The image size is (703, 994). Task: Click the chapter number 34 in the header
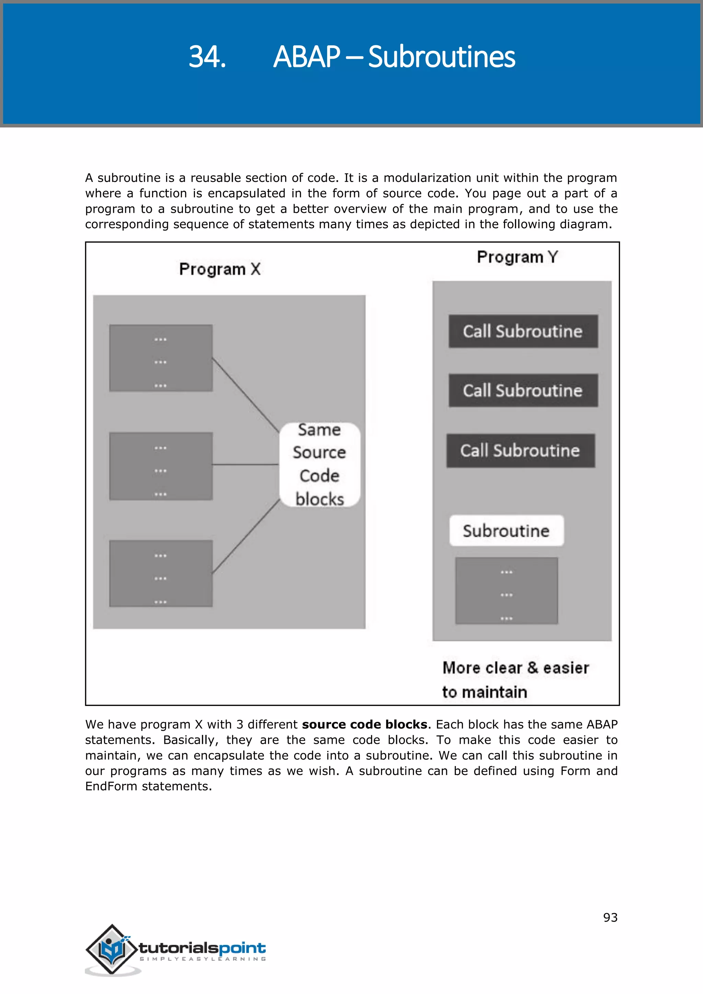pos(207,57)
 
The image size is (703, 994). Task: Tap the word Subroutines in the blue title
pos(441,57)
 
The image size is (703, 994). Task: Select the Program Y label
pos(517,257)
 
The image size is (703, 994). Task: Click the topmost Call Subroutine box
pos(523,331)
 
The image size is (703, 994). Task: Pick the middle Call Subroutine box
pos(523,391)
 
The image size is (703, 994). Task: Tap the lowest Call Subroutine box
pos(520,451)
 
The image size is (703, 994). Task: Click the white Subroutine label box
pos(506,530)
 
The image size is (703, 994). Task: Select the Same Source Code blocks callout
pos(320,464)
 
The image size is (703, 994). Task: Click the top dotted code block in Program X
pos(161,358)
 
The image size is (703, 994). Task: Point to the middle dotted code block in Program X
pos(161,466)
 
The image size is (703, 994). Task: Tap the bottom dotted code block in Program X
pos(161,573)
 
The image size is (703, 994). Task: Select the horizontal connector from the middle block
pos(245,464)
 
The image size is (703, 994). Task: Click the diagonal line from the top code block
pos(245,394)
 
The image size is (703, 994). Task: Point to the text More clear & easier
pos(515,668)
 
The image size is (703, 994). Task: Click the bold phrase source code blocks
pos(365,724)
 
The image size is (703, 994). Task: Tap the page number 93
pos(610,917)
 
